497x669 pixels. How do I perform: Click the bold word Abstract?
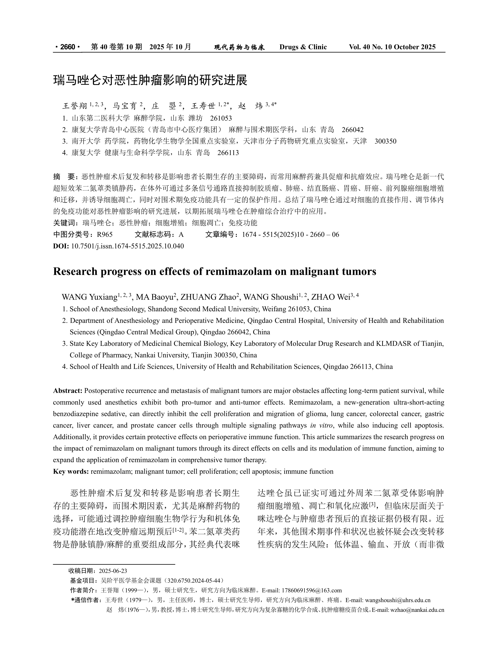(68, 391)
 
